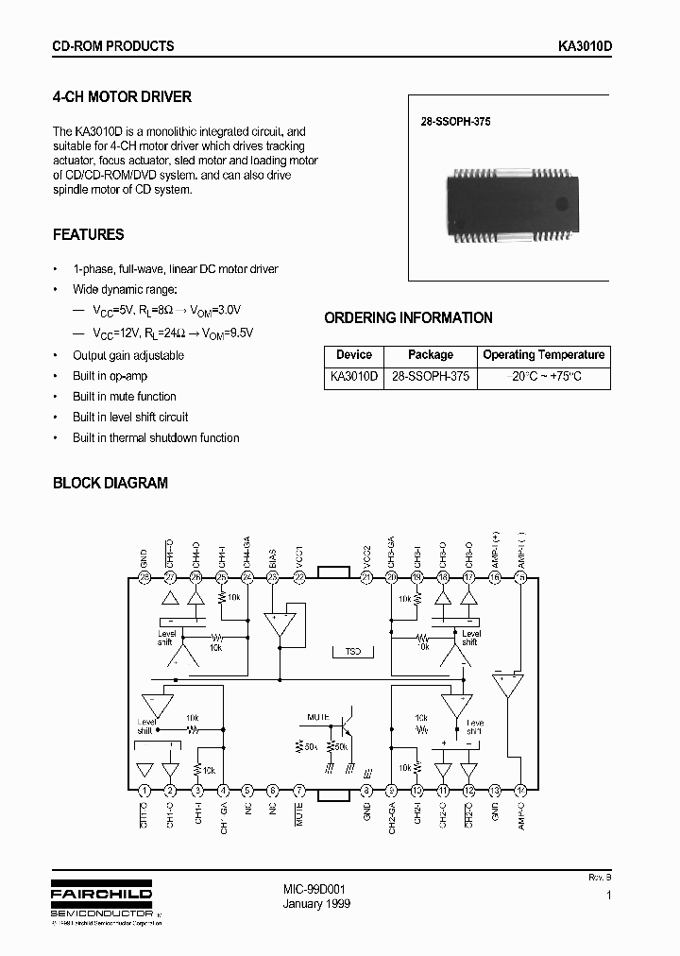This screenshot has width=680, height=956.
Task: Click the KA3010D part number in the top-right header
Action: pyautogui.click(x=586, y=46)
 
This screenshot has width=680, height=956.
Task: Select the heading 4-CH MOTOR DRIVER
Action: pyautogui.click(x=122, y=96)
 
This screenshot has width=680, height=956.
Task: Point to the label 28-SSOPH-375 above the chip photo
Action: pyautogui.click(x=456, y=122)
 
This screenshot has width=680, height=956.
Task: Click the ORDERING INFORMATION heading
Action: pyautogui.click(x=408, y=318)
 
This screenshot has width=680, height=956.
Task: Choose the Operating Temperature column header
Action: pyautogui.click(x=544, y=355)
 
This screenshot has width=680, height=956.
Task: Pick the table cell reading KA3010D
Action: pyautogui.click(x=354, y=376)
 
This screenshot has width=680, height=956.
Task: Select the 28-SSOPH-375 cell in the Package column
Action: pyautogui.click(x=431, y=376)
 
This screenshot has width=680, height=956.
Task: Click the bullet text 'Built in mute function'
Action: pyautogui.click(x=125, y=397)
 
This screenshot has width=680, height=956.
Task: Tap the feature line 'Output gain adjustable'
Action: pyautogui.click(x=128, y=356)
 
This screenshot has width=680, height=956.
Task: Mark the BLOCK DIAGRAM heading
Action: pyautogui.click(x=110, y=483)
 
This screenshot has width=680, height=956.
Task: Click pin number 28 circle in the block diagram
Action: pyautogui.click(x=144, y=577)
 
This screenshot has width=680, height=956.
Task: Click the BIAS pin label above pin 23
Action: pyautogui.click(x=273, y=556)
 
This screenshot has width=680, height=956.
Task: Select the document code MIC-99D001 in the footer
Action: pyautogui.click(x=314, y=890)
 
